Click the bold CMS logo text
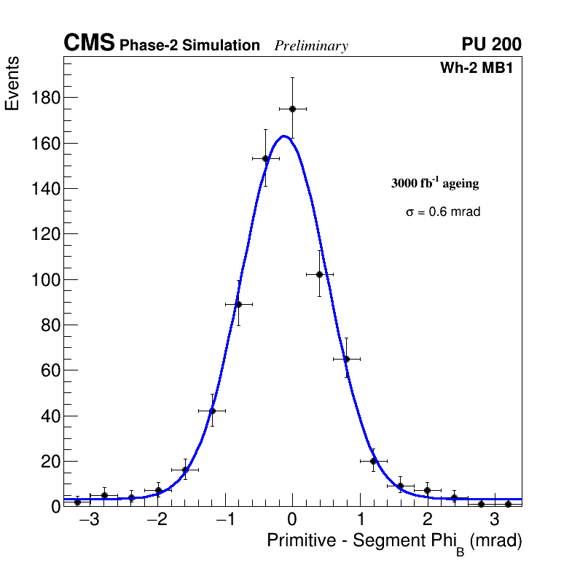coord(89,44)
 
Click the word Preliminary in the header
coord(311,46)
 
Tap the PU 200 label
coord(491,44)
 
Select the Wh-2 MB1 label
coord(480,69)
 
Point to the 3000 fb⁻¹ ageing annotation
coord(435,183)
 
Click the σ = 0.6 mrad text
coord(443,212)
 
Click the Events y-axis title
coord(12,83)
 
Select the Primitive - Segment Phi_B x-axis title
coord(394,541)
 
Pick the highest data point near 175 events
coord(292,109)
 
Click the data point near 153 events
coord(265,158)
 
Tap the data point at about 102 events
coord(319,274)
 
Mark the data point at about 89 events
coord(238,304)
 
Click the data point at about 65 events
coord(346,359)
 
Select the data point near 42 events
coord(212,411)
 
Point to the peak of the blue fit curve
coord(283,136)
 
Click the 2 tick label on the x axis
coord(427,520)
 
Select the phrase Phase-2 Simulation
coord(189,45)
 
